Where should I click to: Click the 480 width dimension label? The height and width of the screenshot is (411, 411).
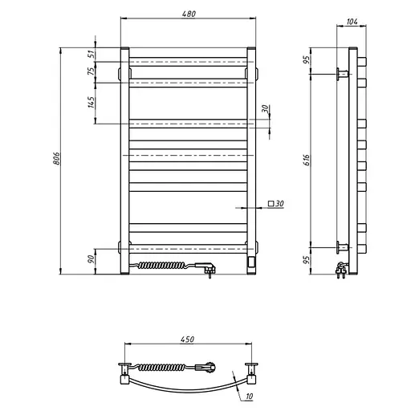189,14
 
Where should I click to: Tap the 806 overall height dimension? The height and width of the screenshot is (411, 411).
56,158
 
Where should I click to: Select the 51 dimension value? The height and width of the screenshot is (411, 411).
92,55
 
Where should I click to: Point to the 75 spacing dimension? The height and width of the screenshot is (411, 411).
92,71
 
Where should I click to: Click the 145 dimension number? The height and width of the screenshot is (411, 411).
92,102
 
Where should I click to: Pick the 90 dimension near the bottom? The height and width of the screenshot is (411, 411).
92,259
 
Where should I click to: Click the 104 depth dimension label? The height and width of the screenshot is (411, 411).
352,22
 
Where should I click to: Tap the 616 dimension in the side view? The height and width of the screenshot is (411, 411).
307,160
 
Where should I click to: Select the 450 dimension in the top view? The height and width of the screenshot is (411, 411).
187,339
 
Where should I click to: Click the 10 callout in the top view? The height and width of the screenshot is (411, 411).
249,396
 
